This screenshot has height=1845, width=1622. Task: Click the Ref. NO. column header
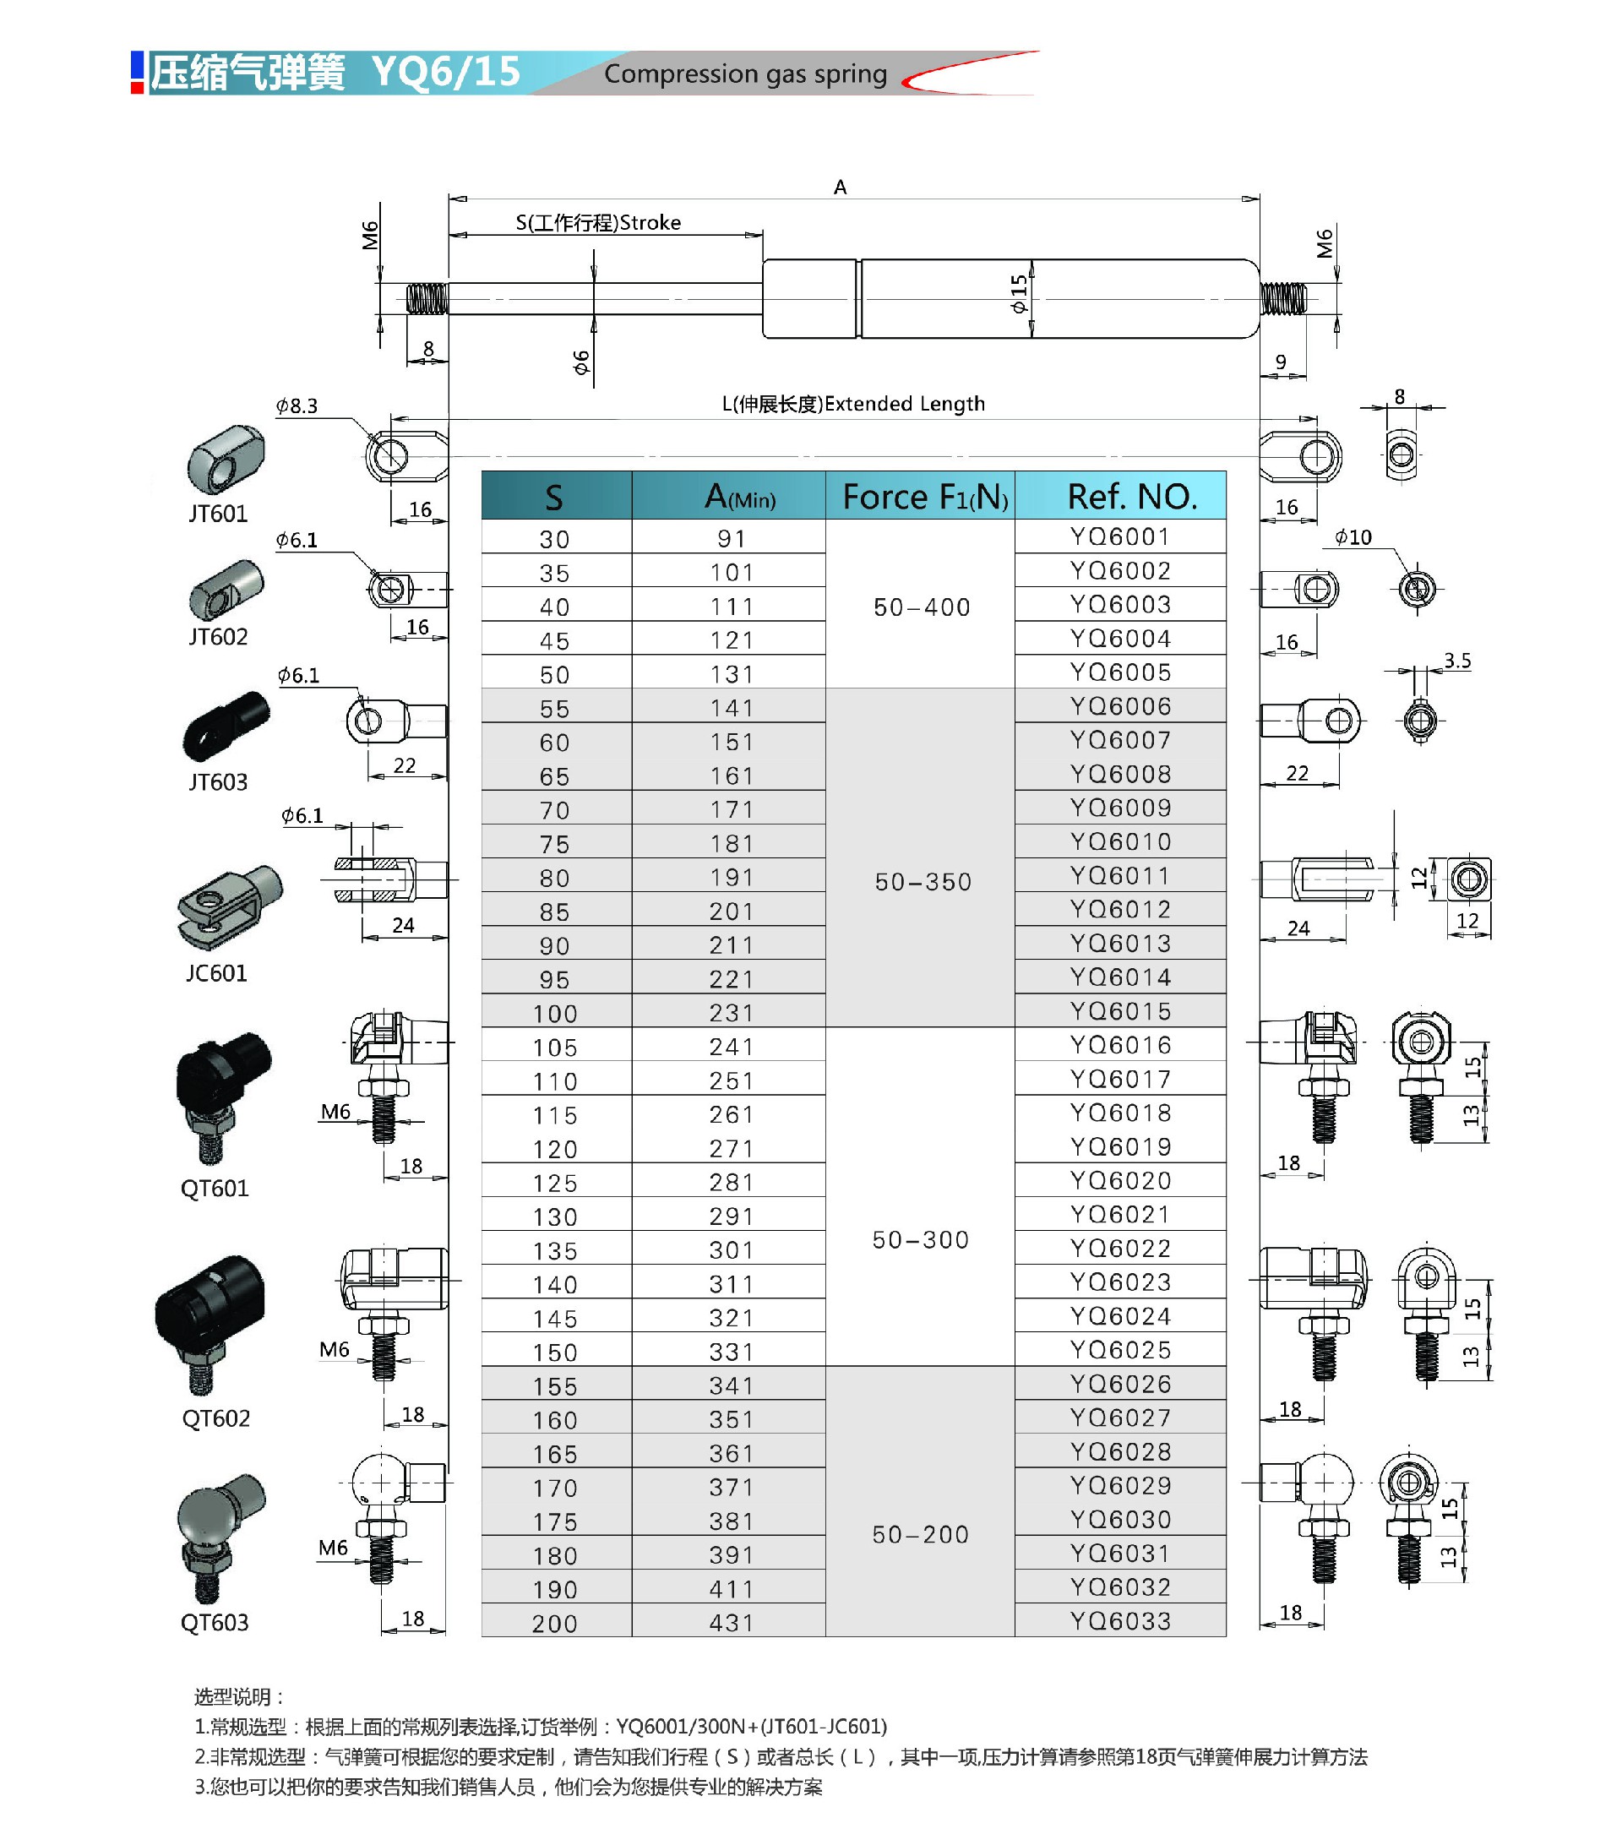(1132, 497)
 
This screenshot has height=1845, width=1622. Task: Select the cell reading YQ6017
(1120, 1080)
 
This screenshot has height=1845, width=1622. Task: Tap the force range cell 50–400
(922, 607)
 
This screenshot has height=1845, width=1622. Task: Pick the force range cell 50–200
(921, 1534)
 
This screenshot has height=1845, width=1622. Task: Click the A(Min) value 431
(731, 1623)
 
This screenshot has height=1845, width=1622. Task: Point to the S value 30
(554, 540)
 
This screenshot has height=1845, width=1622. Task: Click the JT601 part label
(217, 514)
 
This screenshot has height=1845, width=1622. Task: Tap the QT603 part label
(215, 1623)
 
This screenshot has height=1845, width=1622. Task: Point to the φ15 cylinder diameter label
(1018, 294)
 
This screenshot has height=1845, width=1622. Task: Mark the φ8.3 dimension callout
(297, 406)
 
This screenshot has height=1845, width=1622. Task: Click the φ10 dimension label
(1353, 538)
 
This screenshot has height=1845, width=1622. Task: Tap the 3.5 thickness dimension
(1456, 661)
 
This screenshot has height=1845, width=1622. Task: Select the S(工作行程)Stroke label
(598, 223)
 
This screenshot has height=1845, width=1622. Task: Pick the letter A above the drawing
(841, 188)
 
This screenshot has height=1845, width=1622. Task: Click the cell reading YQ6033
(1120, 1621)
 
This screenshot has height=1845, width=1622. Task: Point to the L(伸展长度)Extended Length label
(853, 404)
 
